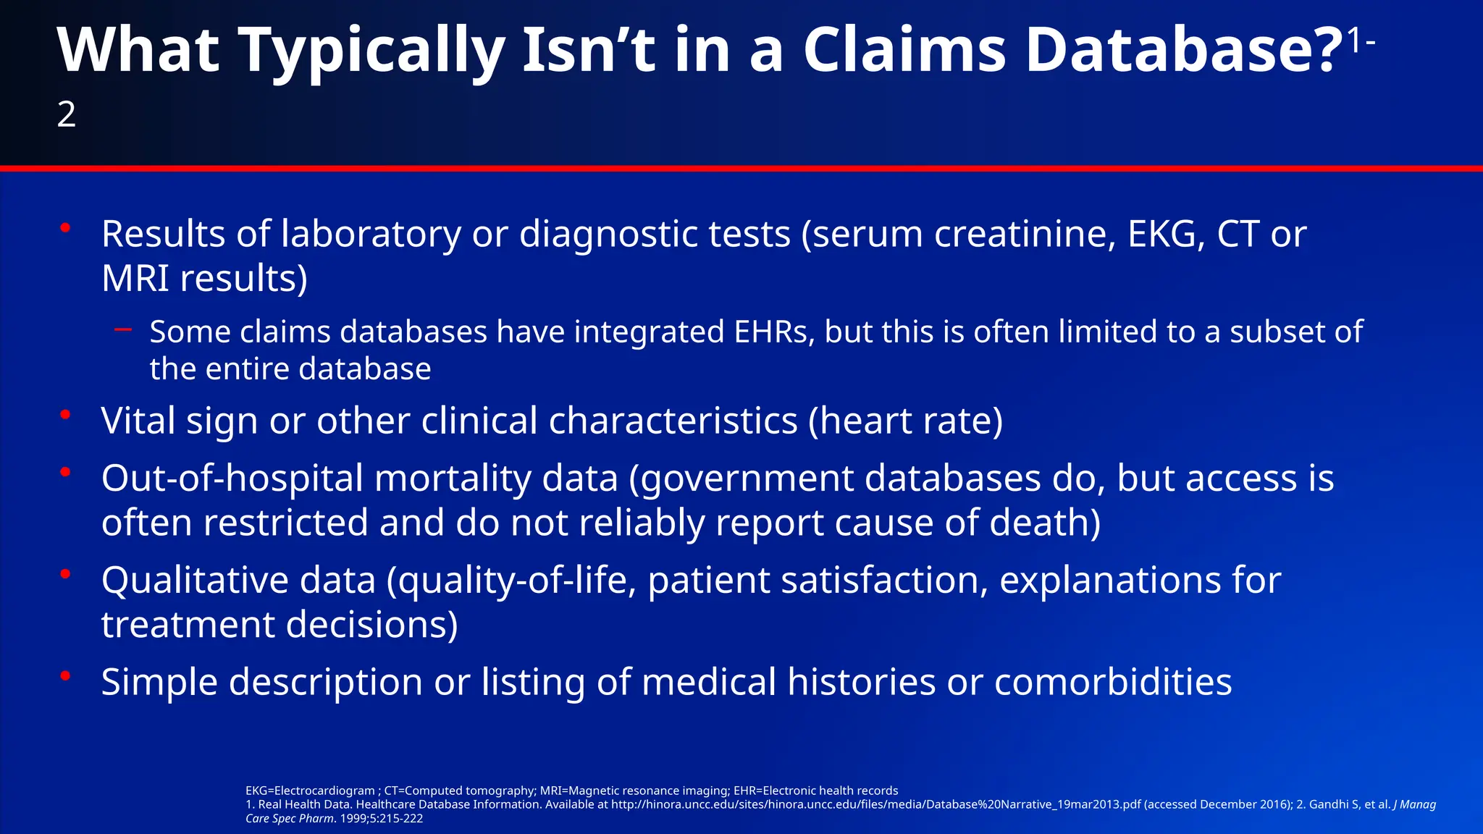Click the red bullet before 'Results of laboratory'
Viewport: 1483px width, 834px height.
(65, 228)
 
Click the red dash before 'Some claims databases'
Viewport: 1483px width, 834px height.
(123, 330)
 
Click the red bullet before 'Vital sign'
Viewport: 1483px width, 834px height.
(65, 415)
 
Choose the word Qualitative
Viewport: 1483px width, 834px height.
(195, 581)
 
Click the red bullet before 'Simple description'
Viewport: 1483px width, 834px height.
(65, 676)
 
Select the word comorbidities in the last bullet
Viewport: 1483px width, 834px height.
(1113, 682)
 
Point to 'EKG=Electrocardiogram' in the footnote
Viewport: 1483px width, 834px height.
(310, 791)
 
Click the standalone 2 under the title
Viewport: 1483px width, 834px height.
(67, 114)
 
